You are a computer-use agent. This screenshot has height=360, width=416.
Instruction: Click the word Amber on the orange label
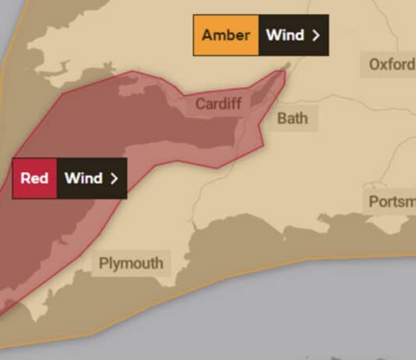pyautogui.click(x=226, y=35)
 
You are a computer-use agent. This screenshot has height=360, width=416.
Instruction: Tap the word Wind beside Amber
pyautogui.click(x=284, y=35)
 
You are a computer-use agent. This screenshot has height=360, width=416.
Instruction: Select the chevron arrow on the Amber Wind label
pyautogui.click(x=316, y=35)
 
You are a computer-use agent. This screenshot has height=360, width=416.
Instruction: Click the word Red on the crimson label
pyautogui.click(x=34, y=178)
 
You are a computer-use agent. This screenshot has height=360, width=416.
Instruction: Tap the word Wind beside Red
pyautogui.click(x=83, y=178)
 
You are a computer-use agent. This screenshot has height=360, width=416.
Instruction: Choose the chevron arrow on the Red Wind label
pyautogui.click(x=115, y=178)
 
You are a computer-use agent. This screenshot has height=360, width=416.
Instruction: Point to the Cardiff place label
pyautogui.click(x=218, y=104)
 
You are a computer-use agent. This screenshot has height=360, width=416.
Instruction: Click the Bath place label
pyautogui.click(x=292, y=118)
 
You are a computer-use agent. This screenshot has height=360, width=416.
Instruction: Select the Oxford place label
pyautogui.click(x=391, y=64)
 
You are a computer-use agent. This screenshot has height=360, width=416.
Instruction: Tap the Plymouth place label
pyautogui.click(x=131, y=263)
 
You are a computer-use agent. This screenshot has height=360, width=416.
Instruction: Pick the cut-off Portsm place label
pyautogui.click(x=392, y=202)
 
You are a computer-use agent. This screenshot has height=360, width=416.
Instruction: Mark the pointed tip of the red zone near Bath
pyautogui.click(x=287, y=68)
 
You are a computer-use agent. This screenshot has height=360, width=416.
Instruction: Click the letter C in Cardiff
pyautogui.click(x=200, y=104)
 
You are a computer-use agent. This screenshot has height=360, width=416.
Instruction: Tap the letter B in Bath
pyautogui.click(x=282, y=118)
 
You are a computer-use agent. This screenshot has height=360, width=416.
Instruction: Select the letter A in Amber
pyautogui.click(x=207, y=35)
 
